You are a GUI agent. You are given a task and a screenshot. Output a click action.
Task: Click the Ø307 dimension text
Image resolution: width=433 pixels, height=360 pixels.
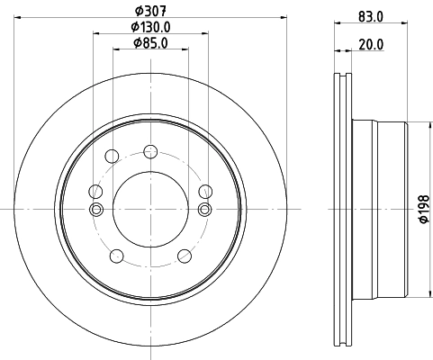click(149, 11)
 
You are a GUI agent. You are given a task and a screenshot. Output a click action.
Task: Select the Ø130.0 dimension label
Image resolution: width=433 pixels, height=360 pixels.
click(149, 27)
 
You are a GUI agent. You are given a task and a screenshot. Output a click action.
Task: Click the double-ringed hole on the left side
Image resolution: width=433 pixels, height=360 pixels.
click(95, 210)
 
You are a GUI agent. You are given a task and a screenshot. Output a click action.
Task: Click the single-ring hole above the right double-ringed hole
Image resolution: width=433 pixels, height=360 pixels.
click(205, 190)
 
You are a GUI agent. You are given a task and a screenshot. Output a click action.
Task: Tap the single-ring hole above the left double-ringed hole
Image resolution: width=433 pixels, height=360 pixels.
click(94, 190)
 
